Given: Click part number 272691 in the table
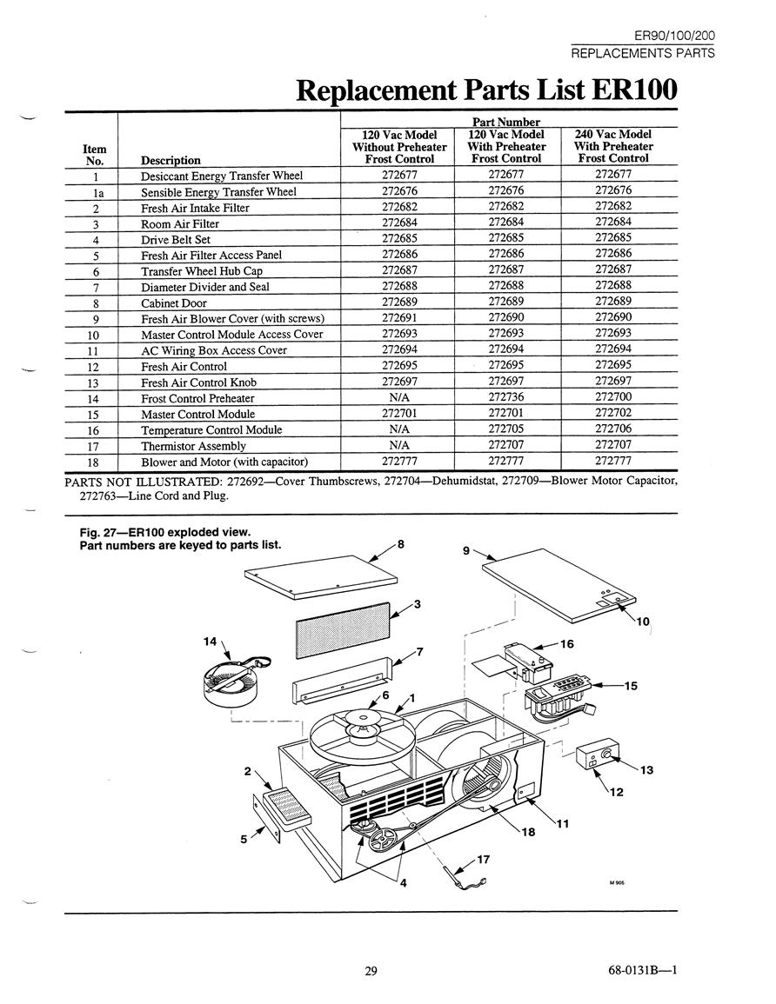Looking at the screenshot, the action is [x=399, y=317].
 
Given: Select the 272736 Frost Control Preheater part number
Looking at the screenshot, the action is [x=505, y=397].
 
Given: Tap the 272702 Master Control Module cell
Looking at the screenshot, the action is [x=612, y=413].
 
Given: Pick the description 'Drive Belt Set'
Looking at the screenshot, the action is [x=176, y=239].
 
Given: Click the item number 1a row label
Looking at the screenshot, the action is [x=95, y=192].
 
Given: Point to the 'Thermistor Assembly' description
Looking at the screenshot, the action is [x=193, y=446].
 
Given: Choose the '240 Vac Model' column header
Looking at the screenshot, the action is [x=613, y=135].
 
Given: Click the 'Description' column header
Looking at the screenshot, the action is [x=171, y=160].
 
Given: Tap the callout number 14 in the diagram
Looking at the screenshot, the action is [x=211, y=641].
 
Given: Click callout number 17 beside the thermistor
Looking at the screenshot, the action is [x=483, y=860].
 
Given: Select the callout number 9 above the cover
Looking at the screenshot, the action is [x=465, y=550].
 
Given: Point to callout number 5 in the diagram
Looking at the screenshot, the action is [x=244, y=839].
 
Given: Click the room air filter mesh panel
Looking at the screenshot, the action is [x=342, y=630].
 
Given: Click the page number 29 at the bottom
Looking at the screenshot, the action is [x=371, y=971].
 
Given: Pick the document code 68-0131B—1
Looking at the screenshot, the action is [x=643, y=970].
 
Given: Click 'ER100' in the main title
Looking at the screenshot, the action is [x=634, y=90].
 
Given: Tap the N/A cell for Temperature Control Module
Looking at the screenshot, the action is [x=399, y=429].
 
